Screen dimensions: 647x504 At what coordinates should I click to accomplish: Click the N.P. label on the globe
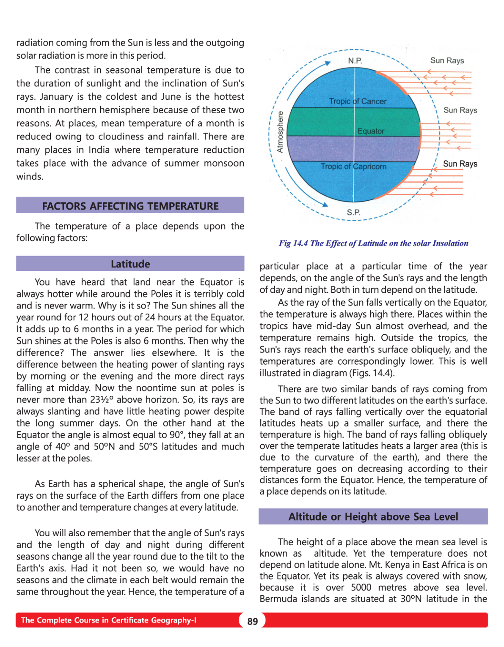(355, 61)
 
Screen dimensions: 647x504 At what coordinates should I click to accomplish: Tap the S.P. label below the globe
(354, 212)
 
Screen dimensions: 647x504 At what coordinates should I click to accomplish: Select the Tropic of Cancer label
(358, 101)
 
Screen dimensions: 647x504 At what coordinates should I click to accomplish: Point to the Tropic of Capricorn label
(353, 167)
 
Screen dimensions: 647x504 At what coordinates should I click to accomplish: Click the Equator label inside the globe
(371, 131)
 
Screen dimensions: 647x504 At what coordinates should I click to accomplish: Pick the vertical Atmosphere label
(280, 131)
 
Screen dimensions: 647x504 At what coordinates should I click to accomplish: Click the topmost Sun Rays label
(447, 60)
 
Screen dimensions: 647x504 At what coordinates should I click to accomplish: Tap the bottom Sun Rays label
(460, 164)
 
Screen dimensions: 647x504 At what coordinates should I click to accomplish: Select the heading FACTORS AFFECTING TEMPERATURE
(130, 206)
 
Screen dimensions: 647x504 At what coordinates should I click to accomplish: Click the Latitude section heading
(130, 264)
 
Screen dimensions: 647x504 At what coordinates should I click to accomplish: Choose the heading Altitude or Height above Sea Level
(373, 517)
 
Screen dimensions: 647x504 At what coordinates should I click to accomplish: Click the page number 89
(253, 621)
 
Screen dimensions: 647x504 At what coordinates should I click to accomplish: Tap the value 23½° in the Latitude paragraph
(102, 400)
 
